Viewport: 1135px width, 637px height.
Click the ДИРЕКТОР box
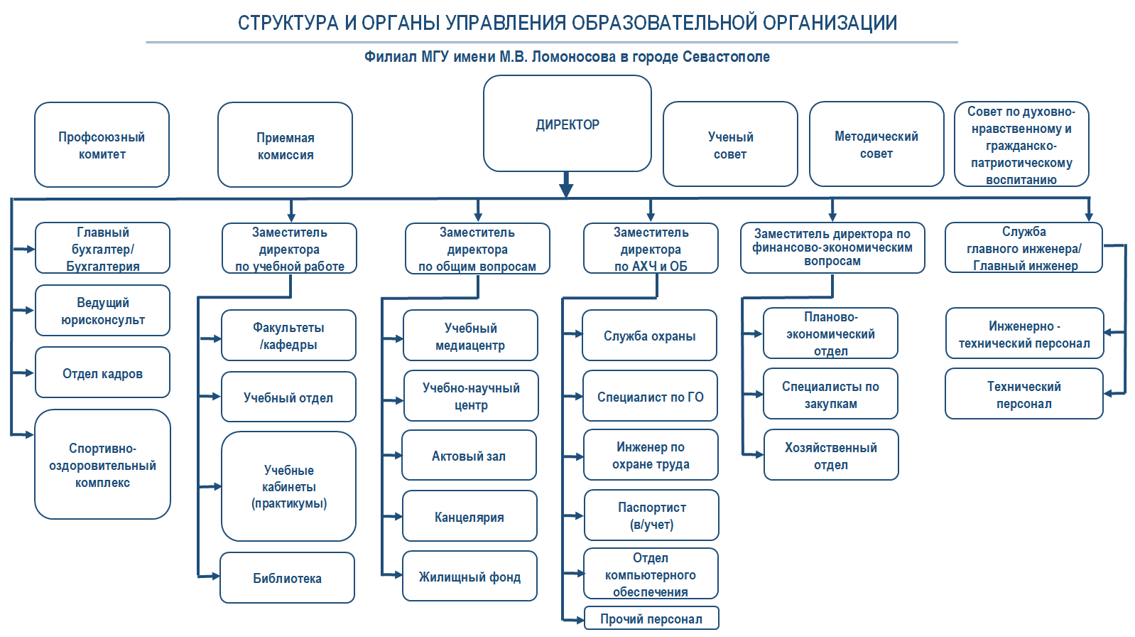click(567, 124)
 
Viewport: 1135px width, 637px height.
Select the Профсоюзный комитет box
click(102, 145)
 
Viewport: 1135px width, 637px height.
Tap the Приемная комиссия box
click(285, 146)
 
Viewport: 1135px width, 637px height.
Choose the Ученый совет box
click(729, 145)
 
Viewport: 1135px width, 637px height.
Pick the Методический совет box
click(876, 144)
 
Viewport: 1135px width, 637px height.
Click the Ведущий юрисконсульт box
click(102, 311)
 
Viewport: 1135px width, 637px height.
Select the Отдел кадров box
click(102, 373)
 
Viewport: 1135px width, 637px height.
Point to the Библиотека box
click(287, 578)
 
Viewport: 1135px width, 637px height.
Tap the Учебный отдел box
click(288, 397)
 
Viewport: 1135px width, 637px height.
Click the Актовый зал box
click(469, 456)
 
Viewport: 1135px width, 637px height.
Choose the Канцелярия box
click(469, 517)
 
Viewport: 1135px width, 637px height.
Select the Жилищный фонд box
click(469, 577)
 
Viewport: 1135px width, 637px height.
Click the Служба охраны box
click(649, 336)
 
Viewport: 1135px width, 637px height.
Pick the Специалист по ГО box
click(650, 397)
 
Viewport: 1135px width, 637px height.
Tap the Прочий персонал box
click(651, 619)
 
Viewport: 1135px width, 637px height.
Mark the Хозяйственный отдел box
click(830, 456)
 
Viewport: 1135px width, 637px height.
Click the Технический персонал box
click(1023, 395)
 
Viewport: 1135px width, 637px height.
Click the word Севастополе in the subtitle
click(726, 57)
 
